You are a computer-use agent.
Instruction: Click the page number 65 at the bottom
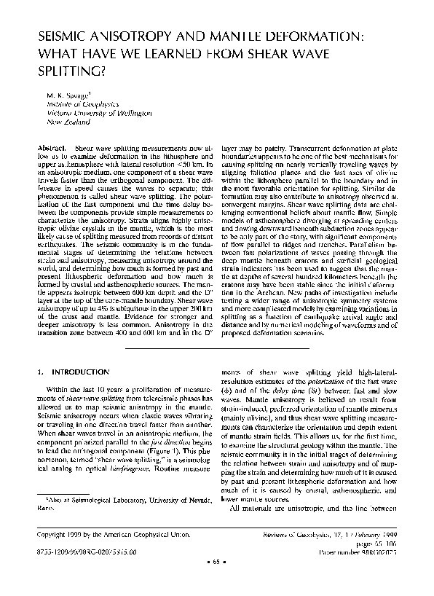coord(217,582)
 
